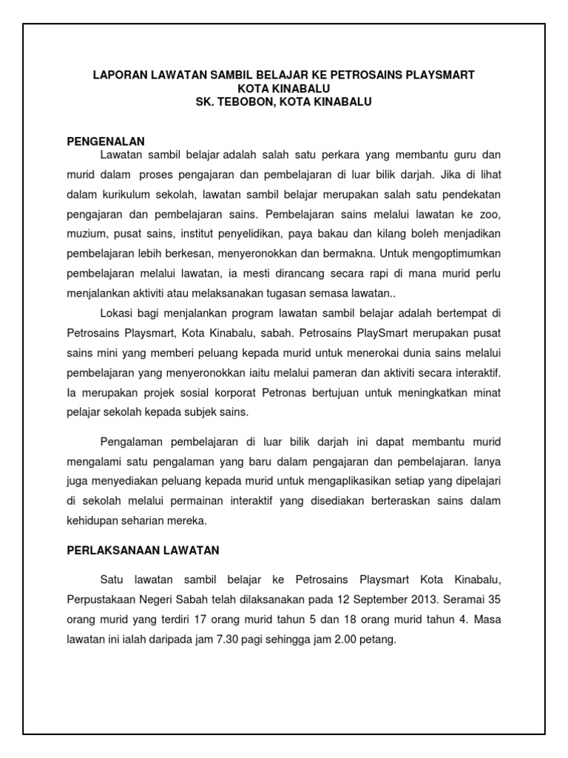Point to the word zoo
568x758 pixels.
pos(490,215)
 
